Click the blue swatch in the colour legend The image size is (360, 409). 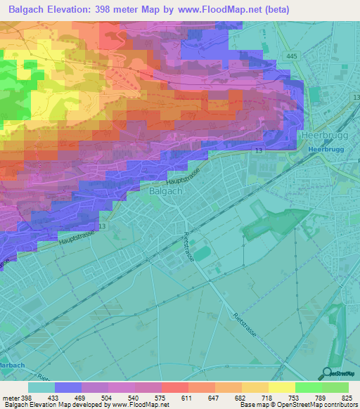point(68,387)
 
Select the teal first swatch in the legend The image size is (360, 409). point(41,387)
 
